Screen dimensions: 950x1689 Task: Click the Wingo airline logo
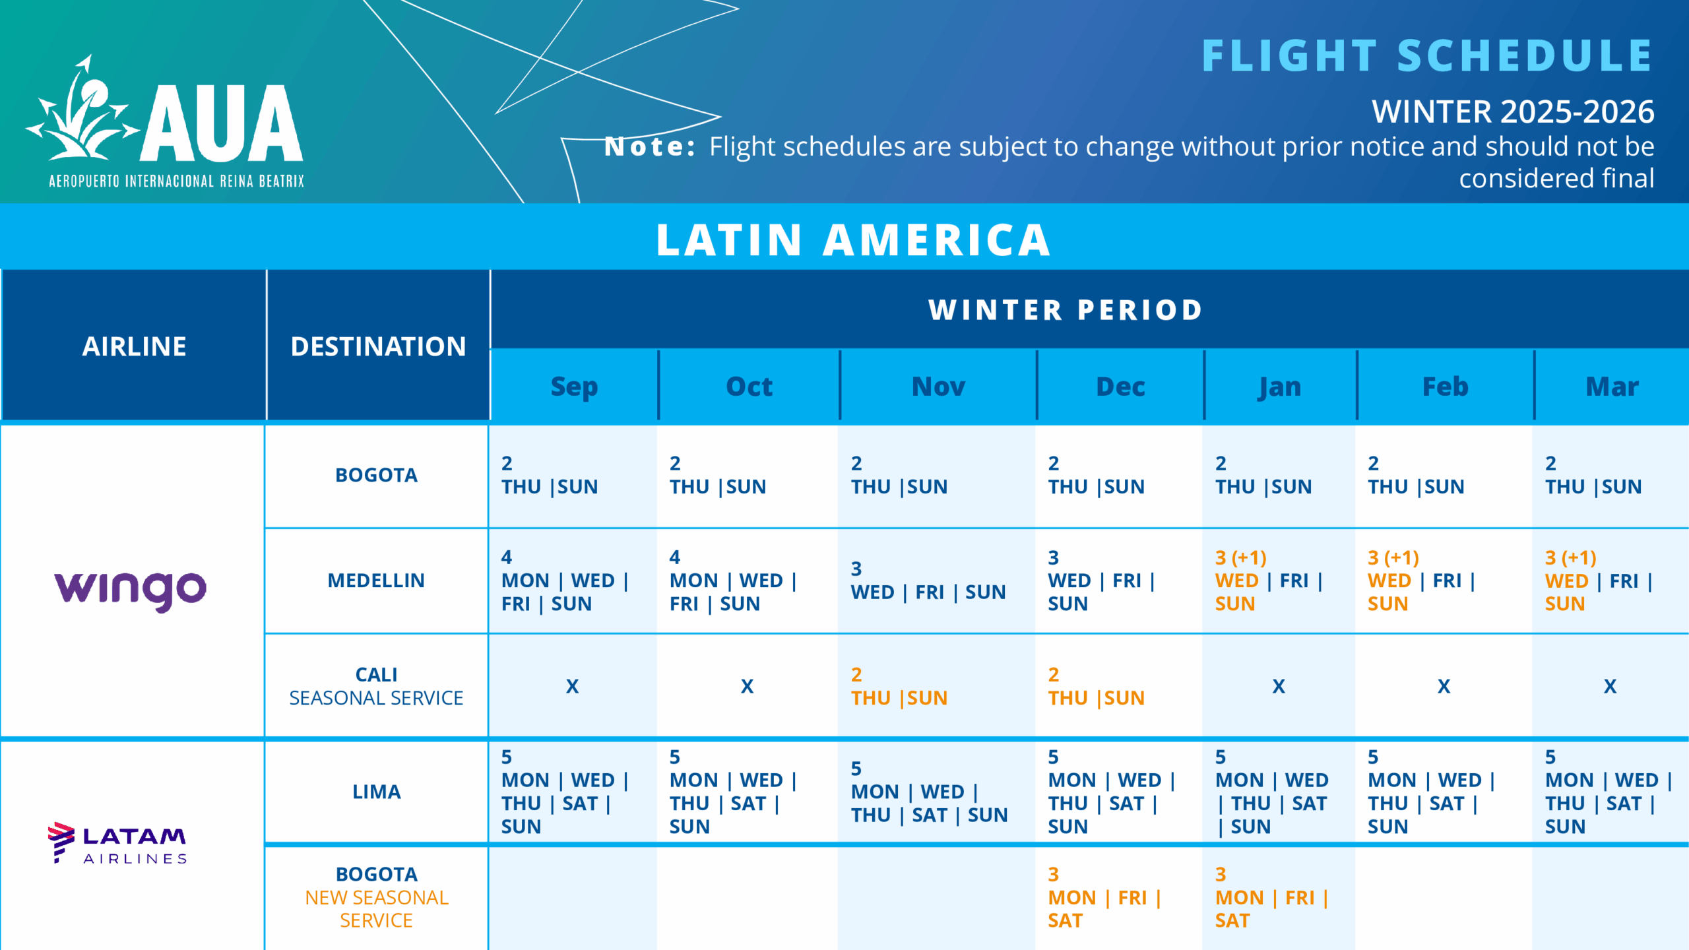tap(130, 589)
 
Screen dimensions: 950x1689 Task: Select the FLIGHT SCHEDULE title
tap(1426, 55)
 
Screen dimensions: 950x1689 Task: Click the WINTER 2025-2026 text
tap(1512, 111)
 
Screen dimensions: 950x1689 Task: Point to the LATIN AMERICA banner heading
tap(853, 239)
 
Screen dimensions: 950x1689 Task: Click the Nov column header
tap(938, 387)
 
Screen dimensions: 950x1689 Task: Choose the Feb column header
tap(1445, 387)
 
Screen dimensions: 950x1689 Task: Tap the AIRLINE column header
tap(134, 346)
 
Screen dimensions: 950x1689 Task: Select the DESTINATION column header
tap(378, 346)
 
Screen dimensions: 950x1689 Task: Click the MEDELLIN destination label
tap(376, 581)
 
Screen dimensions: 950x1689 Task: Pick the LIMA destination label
tap(376, 792)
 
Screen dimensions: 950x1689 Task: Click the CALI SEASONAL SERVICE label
tap(376, 686)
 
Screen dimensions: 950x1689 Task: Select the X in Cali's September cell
tap(572, 687)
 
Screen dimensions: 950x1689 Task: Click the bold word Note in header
tap(649, 146)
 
